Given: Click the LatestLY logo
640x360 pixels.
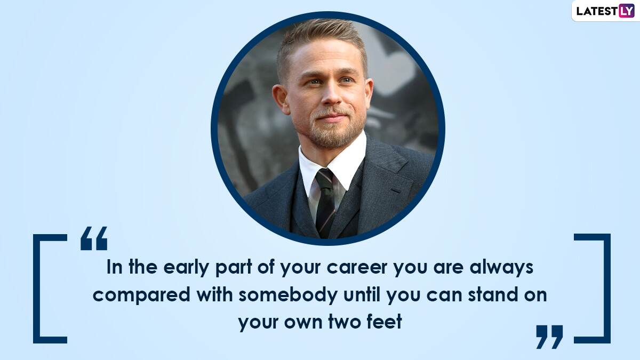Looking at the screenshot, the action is [605, 11].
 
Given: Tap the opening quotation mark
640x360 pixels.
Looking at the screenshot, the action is [94, 238].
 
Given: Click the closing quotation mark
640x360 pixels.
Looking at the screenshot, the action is [549, 337].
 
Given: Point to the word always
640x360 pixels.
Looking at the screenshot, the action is [501, 268].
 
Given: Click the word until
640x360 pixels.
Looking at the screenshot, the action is [362, 294].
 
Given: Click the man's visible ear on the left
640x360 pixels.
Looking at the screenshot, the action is [280, 99].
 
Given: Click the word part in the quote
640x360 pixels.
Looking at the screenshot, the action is [234, 268].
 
